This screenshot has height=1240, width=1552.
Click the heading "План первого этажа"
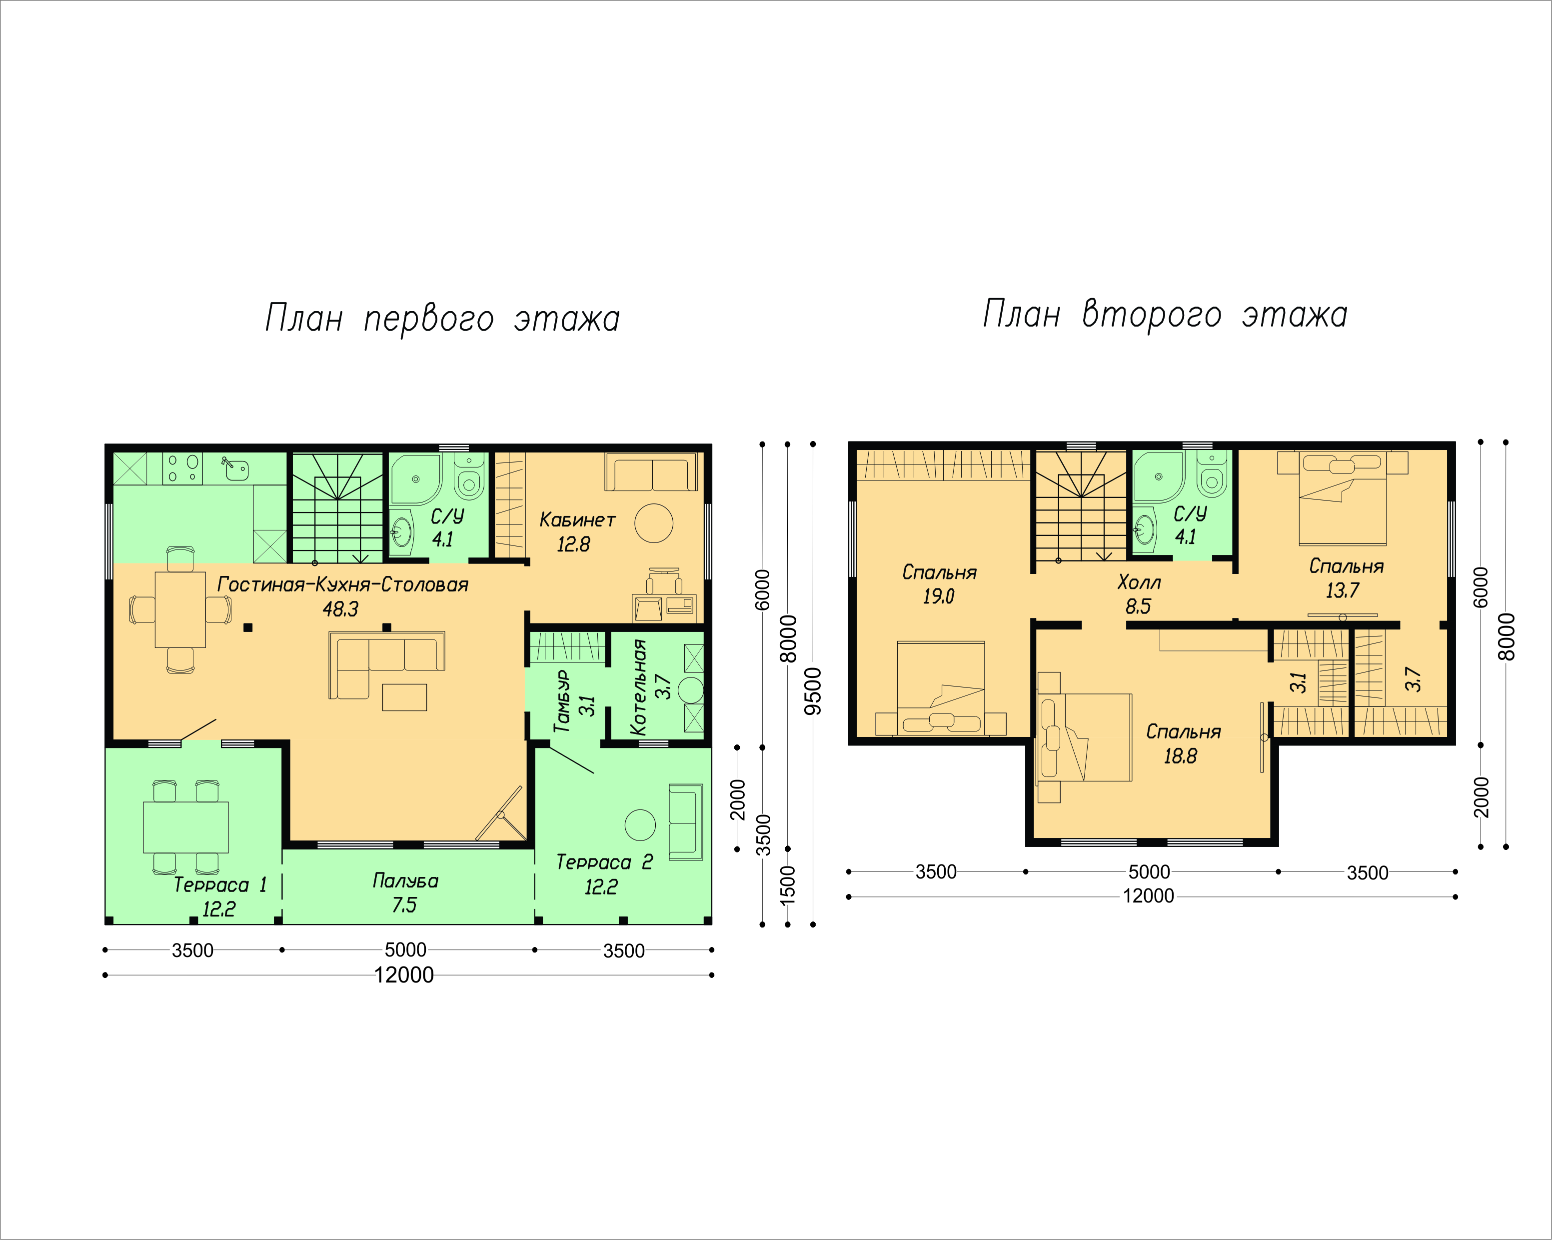click(442, 317)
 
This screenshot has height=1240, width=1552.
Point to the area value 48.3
click(340, 609)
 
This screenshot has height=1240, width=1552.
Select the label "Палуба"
click(405, 880)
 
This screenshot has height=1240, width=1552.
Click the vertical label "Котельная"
click(638, 687)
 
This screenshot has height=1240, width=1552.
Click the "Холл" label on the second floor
click(1139, 582)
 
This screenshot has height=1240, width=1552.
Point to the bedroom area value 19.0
click(939, 596)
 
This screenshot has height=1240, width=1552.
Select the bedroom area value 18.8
click(1181, 756)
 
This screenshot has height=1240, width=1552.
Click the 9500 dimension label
click(813, 691)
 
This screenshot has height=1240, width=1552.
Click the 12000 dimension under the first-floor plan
click(404, 975)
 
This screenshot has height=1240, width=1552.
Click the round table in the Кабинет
click(654, 523)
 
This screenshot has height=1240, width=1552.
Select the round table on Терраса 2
click(640, 825)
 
